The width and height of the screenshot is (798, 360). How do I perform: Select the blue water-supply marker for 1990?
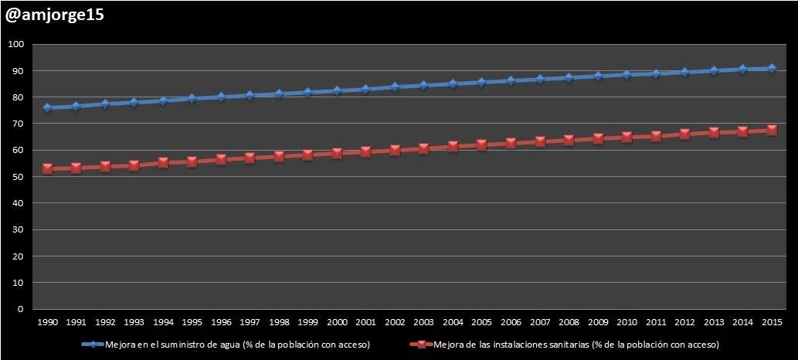[47, 107]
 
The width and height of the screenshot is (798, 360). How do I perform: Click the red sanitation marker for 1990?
[47, 168]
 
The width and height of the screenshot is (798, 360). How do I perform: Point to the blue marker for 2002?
[395, 87]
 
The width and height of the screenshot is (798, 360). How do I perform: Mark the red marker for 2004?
[453, 146]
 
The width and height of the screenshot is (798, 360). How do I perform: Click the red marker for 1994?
[163, 162]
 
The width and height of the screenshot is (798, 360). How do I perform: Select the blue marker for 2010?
[627, 74]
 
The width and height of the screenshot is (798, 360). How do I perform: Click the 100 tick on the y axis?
[16, 44]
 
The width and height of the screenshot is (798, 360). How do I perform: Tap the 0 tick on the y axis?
[22, 309]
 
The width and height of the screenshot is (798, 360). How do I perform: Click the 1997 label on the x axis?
[250, 321]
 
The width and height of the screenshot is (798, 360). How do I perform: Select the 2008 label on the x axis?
[569, 321]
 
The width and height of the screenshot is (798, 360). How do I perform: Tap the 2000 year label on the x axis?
[337, 321]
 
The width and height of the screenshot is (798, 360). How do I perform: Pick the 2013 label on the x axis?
[714, 321]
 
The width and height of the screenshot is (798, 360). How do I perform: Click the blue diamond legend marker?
[92, 344]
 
